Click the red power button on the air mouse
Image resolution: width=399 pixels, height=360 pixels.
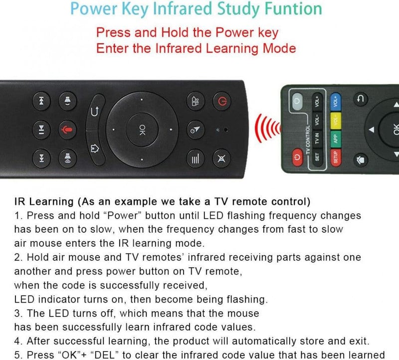[x=221, y=101]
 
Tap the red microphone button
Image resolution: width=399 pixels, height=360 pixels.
[x=67, y=130]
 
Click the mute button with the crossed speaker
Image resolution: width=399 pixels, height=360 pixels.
[x=221, y=158]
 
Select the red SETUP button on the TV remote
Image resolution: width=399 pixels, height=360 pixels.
[x=335, y=157]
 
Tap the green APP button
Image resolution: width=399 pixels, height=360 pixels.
[x=335, y=139]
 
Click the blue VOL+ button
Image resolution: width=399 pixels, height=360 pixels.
[x=335, y=101]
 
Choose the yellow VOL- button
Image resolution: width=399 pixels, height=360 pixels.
[x=335, y=120]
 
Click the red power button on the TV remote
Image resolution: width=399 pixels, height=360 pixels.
[x=297, y=157]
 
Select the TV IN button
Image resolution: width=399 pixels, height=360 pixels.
[x=317, y=139]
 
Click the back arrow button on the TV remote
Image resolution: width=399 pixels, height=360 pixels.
[x=360, y=99]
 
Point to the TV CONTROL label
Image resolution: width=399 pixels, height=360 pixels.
[x=307, y=140]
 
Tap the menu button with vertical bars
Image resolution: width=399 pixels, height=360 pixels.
[x=196, y=158]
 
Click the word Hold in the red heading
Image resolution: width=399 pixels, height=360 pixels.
[x=176, y=32]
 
